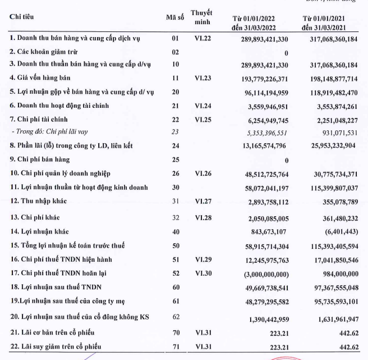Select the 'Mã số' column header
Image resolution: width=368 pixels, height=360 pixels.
(x=175, y=16)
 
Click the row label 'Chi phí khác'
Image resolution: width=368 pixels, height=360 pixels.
(x=34, y=216)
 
